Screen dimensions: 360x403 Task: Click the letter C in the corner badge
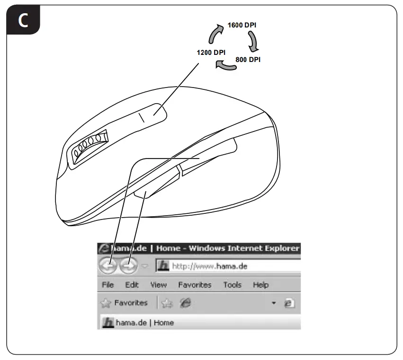(22, 21)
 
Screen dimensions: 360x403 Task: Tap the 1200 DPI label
(211, 52)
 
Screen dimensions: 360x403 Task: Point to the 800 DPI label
(248, 60)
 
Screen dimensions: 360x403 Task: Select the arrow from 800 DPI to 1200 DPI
(226, 67)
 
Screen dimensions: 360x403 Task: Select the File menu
(107, 285)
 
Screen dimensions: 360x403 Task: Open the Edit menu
(132, 285)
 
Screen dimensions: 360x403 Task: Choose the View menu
(158, 285)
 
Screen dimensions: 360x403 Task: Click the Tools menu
(232, 285)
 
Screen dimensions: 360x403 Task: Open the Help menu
(260, 285)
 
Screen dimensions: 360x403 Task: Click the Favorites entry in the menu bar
(194, 285)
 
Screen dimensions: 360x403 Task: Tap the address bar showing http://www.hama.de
(232, 266)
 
